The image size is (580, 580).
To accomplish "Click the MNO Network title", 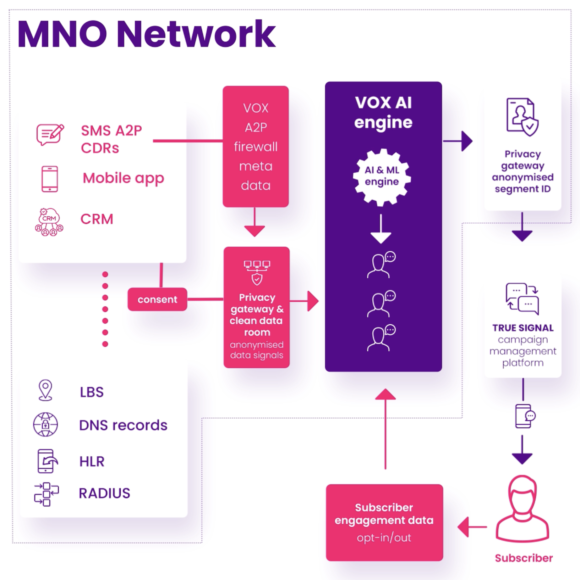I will pos(146,34).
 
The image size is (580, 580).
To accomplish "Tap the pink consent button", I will pos(157,299).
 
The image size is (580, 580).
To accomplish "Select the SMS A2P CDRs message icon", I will pos(50,134).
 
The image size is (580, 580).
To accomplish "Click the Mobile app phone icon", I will pos(50,179).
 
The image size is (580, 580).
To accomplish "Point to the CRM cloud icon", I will pos(49,222).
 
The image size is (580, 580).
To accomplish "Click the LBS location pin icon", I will pos(45,390).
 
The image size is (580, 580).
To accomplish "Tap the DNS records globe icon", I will pos(46,424).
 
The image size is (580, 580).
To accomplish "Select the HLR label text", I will pos(92,461).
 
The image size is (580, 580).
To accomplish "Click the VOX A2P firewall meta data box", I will pos(256,147).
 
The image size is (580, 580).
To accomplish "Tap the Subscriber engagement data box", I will pos(384,522).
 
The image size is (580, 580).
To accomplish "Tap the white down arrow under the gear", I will pos(381,229).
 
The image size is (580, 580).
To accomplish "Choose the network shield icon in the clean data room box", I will pos(257,272).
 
